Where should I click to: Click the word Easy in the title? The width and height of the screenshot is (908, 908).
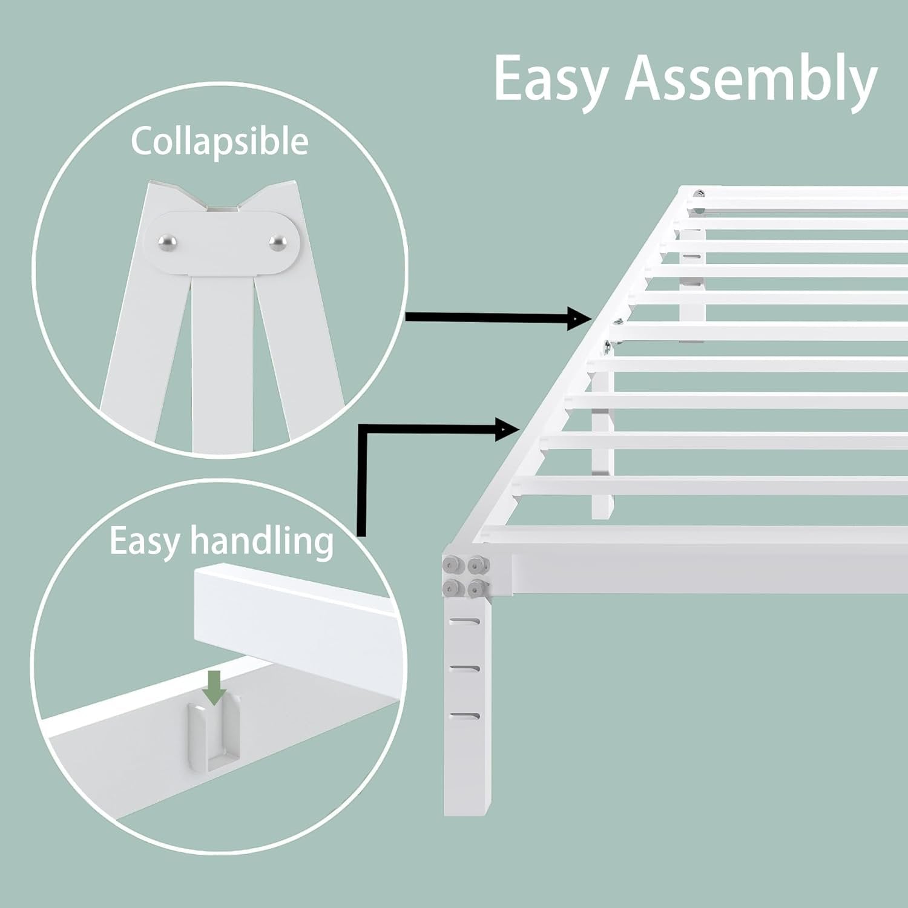(551, 80)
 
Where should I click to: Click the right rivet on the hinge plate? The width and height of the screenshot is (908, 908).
(278, 242)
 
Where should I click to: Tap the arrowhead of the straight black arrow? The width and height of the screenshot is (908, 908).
(579, 317)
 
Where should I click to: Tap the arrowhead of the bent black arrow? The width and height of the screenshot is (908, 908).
(508, 429)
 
